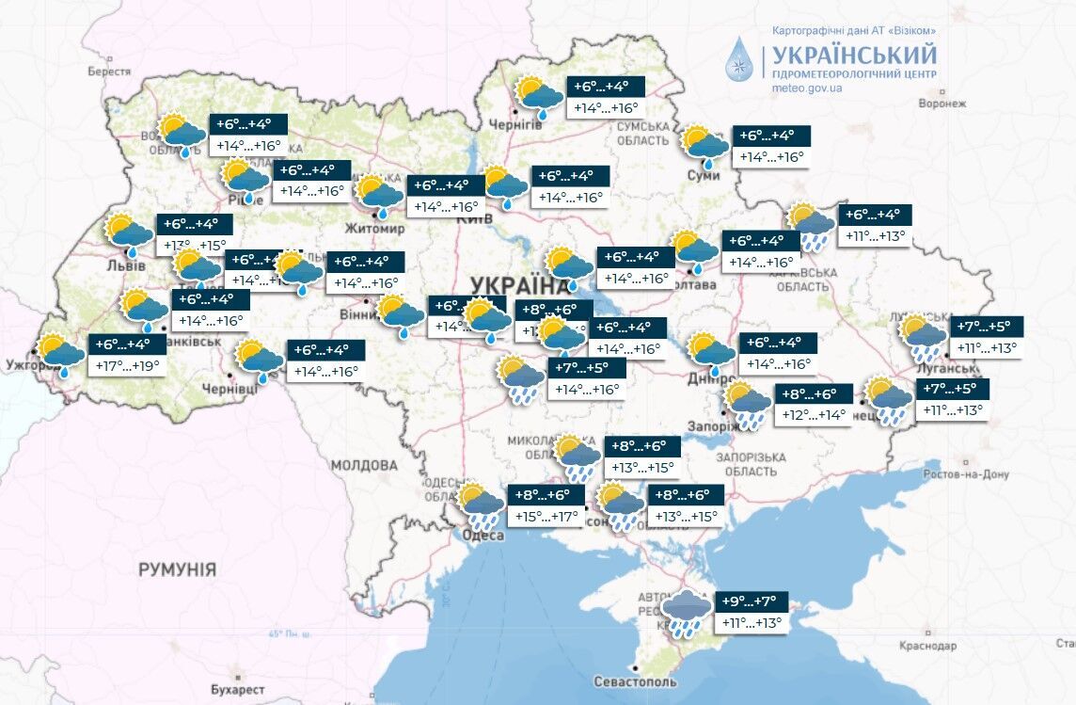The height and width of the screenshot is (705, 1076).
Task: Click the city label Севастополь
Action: (635, 681)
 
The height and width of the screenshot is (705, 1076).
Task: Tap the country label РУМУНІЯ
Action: (177, 569)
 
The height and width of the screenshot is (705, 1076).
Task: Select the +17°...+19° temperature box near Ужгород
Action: (127, 367)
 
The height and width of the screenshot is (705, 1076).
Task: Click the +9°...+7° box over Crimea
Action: (751, 601)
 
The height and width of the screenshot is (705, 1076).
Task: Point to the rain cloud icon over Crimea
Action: (686, 615)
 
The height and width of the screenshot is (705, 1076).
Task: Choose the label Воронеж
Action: (943, 104)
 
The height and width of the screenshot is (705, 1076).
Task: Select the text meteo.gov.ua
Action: (806, 88)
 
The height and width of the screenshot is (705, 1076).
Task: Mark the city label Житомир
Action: (375, 229)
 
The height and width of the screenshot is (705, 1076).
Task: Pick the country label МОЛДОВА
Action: (364, 465)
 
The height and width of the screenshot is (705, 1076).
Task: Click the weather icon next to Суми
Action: (704, 145)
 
